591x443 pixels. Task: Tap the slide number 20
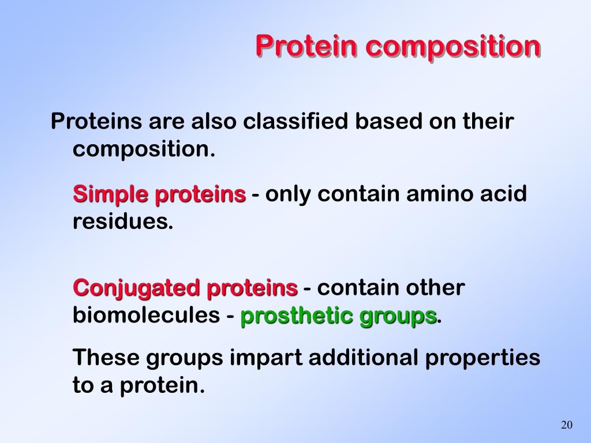click(x=566, y=425)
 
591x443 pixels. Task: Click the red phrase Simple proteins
click(x=159, y=194)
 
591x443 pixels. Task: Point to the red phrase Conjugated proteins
click(x=185, y=287)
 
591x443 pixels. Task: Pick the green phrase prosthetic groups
click(x=338, y=316)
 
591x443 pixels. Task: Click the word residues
click(x=122, y=222)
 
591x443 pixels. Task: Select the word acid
click(x=504, y=194)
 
